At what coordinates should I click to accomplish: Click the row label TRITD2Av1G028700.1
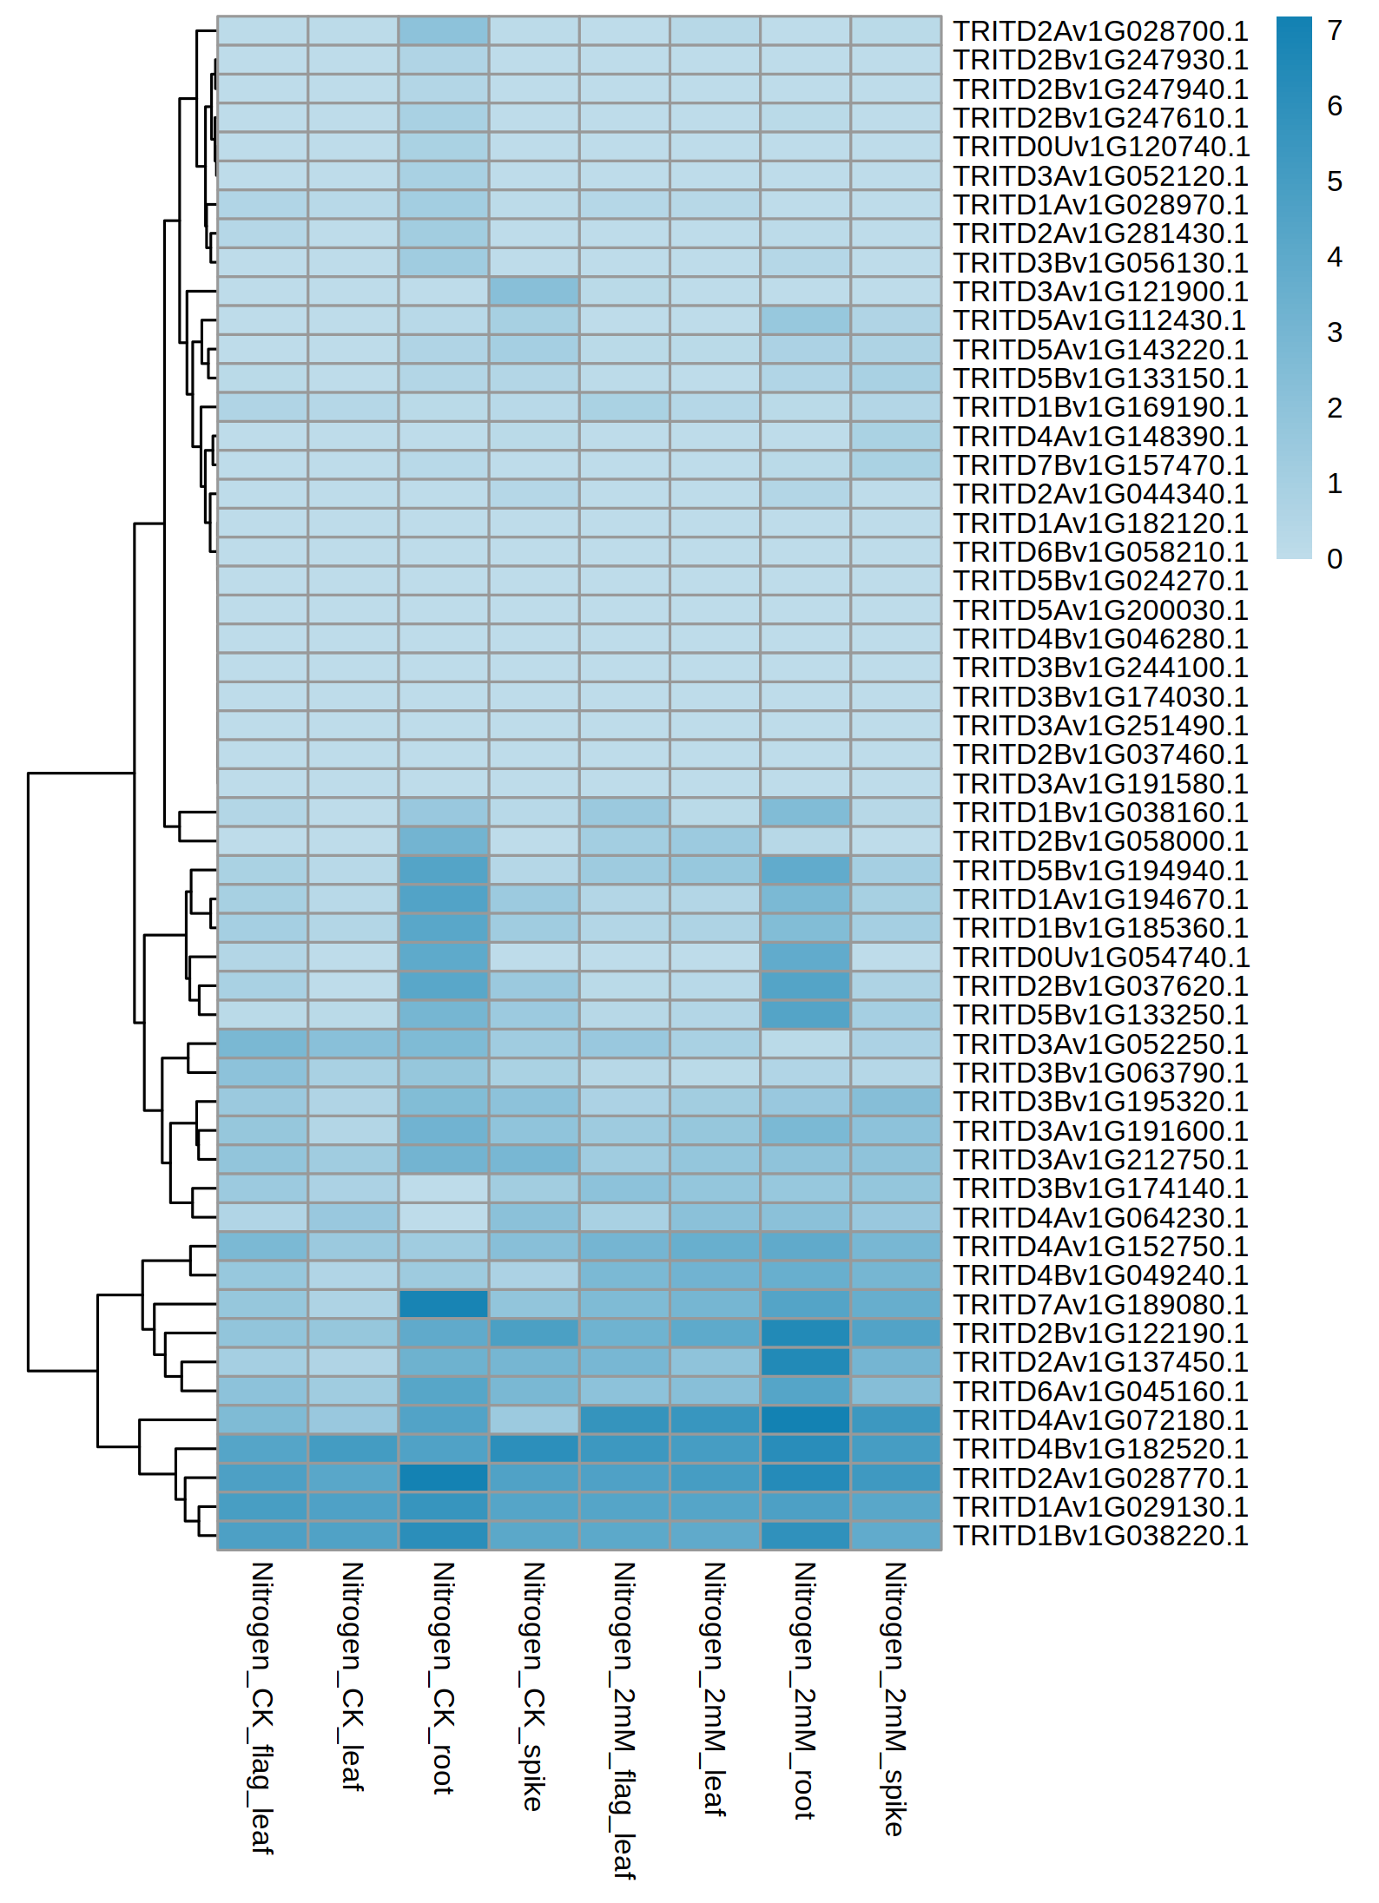(1100, 31)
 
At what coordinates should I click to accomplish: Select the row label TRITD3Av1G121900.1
(1100, 292)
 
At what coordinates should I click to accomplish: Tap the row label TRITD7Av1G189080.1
(1100, 1305)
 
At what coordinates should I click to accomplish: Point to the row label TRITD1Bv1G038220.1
(1100, 1536)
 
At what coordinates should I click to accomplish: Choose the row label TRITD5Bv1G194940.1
(1100, 871)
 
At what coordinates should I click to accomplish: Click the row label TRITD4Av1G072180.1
(1100, 1420)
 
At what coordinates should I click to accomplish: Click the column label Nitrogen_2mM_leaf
(715, 1689)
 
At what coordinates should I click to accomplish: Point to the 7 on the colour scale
(1335, 31)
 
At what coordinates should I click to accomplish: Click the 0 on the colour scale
(1335, 559)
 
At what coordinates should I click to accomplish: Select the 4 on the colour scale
(1335, 257)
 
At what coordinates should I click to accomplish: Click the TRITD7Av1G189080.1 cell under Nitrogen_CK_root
(444, 1304)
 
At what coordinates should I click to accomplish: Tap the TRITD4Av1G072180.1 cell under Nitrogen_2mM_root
(805, 1420)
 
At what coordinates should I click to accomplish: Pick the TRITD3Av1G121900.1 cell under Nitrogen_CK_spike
(534, 292)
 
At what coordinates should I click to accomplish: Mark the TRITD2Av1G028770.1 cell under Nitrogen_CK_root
(444, 1478)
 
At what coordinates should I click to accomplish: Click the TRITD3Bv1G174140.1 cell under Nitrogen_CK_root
(444, 1189)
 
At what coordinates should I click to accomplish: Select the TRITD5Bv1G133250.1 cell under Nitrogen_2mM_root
(805, 1015)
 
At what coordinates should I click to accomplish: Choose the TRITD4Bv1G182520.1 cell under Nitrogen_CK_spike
(534, 1449)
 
